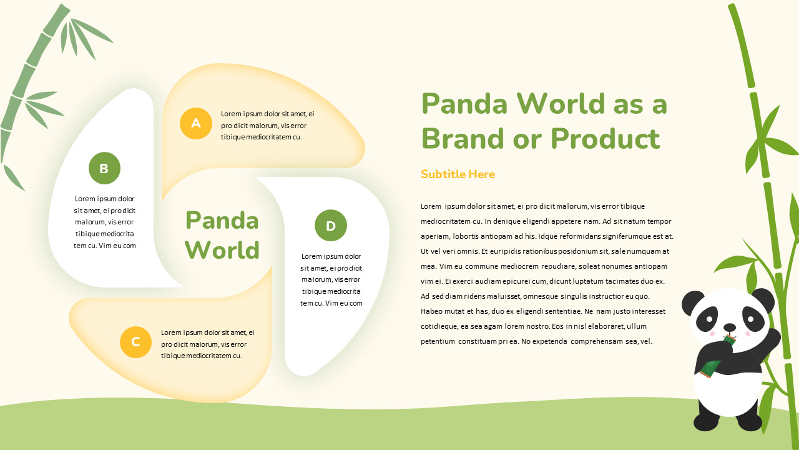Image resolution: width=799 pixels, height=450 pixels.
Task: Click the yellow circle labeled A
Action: pyautogui.click(x=196, y=123)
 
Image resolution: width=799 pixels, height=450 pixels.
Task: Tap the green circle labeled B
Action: pyautogui.click(x=104, y=168)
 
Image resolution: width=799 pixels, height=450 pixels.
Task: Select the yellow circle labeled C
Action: pyautogui.click(x=135, y=342)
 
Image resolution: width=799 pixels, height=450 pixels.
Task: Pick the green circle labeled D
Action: pyautogui.click(x=331, y=226)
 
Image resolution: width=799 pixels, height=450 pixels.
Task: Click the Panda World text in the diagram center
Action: pyautogui.click(x=222, y=235)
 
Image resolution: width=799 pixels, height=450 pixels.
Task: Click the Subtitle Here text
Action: pyautogui.click(x=458, y=174)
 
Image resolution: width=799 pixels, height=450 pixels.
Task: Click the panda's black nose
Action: pyautogui.click(x=729, y=326)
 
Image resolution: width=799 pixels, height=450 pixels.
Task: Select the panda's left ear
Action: pyautogui.click(x=692, y=302)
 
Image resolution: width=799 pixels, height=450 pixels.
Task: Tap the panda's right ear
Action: pyautogui.click(x=763, y=299)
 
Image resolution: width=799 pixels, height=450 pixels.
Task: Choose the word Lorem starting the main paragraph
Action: pyautogui.click(x=431, y=206)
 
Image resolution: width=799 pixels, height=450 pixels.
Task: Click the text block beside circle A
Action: pyautogui.click(x=267, y=126)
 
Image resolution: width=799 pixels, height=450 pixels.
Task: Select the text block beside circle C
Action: pyautogui.click(x=207, y=344)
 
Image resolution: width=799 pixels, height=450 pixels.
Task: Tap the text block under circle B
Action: pyautogui.click(x=104, y=222)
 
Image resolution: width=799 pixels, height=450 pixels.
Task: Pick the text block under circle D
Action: pyautogui.click(x=331, y=279)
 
